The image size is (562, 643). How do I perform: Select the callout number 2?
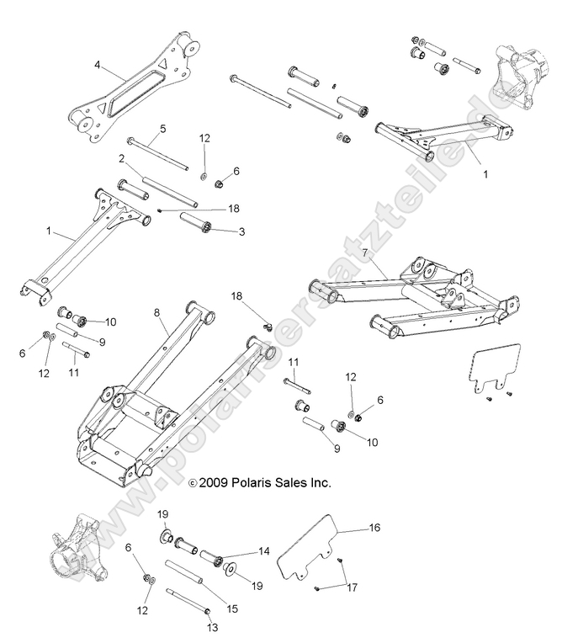pyautogui.click(x=122, y=158)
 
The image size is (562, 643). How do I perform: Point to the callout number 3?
pyautogui.click(x=241, y=231)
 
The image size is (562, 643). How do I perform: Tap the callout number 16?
pyautogui.click(x=375, y=528)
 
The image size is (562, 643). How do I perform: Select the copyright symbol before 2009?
pyautogui.click(x=168, y=484)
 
